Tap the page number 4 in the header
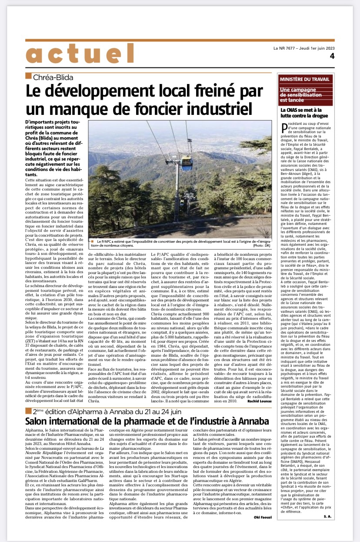(332, 56)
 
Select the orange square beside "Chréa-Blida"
(28, 77)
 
